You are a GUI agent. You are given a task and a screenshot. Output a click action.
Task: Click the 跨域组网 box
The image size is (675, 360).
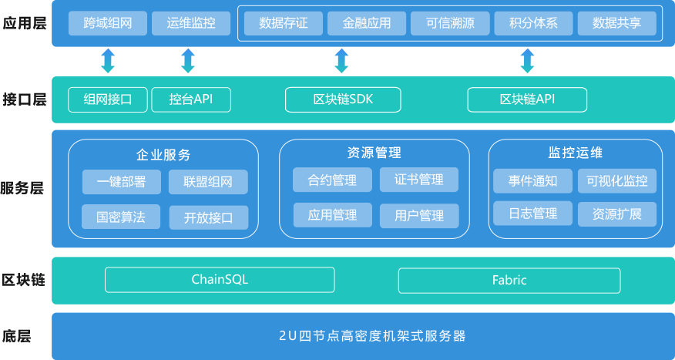point(106,23)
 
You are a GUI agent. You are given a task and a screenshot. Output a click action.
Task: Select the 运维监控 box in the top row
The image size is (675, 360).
point(191,23)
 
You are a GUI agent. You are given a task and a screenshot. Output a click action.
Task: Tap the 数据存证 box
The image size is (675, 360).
point(284,23)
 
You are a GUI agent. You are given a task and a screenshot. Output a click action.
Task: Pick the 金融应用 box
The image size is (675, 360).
point(367,23)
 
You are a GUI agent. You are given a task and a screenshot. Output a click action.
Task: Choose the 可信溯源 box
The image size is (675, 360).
point(450,23)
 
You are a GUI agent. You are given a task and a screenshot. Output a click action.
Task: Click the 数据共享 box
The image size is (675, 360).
point(616,23)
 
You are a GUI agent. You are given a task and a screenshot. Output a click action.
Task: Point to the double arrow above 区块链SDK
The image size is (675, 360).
point(341,61)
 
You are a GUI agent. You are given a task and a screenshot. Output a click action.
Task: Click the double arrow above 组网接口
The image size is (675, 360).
point(108,61)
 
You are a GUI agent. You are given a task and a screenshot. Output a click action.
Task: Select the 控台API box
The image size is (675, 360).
point(191,99)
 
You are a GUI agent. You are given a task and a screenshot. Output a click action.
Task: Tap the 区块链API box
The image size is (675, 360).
point(527,99)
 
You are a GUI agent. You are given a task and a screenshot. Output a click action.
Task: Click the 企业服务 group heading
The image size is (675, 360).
point(163,154)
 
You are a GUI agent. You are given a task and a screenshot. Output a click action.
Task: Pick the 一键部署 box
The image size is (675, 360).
point(122,182)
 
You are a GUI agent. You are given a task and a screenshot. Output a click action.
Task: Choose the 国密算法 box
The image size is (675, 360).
point(122,217)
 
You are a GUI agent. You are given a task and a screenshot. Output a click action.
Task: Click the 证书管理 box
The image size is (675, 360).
point(419,180)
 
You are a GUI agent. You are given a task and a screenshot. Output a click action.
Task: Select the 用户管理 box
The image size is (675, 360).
point(419,215)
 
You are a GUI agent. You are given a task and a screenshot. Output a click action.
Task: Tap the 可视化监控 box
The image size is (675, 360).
point(617,181)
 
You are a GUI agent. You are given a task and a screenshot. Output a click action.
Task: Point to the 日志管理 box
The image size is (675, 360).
point(532,214)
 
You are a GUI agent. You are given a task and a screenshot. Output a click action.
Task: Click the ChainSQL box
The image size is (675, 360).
point(220,280)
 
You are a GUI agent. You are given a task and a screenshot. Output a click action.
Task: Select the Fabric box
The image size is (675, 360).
point(509,280)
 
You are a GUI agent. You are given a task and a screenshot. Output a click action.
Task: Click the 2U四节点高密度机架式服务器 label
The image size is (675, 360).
point(362,336)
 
